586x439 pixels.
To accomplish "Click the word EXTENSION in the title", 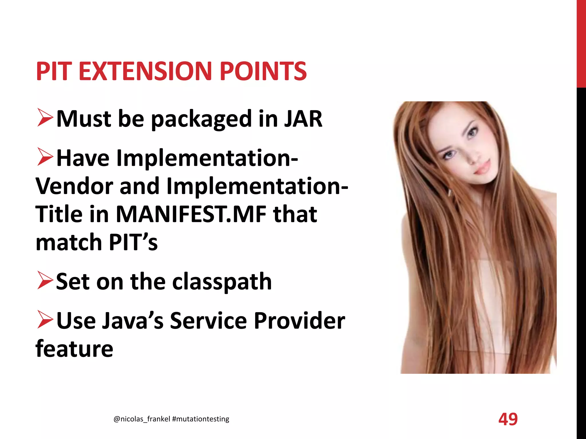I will click(145, 71).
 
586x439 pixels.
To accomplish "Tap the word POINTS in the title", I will click(263, 71).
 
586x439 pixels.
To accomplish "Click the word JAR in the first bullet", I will click(303, 119).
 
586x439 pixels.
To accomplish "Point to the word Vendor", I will click(74, 186).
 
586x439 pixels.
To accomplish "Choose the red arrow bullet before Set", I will click(45, 281).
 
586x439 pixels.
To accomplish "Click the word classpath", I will click(222, 282).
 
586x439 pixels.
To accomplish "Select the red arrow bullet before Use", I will click(45, 320).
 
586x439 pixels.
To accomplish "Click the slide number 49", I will click(508, 419).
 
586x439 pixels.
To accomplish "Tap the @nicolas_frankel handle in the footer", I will click(142, 419).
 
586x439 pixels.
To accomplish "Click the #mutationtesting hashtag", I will click(201, 419).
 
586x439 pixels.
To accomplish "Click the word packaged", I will click(201, 119).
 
